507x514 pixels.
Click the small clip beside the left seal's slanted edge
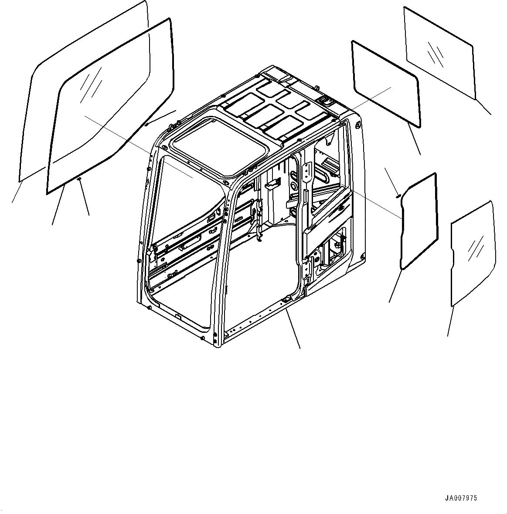pos(146,124)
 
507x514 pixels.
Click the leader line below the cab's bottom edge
pos(293,329)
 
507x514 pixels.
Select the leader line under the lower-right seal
pos(395,285)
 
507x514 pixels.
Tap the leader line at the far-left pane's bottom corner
pos(17,192)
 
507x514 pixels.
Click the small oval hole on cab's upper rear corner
pos(358,125)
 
